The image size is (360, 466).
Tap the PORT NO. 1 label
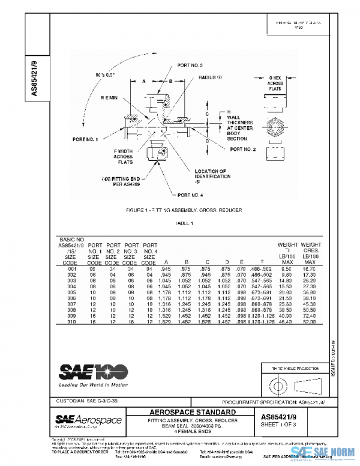click(85, 140)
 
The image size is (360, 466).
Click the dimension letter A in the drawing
click(144, 80)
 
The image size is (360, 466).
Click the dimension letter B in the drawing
click(170, 80)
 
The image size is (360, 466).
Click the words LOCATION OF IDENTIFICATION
click(204, 174)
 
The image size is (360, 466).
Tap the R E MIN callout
click(109, 97)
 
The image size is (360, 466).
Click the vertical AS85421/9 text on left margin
click(34, 76)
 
